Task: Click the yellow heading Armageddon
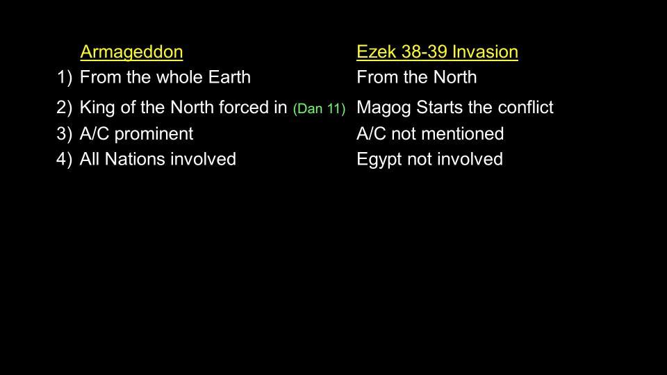(131, 52)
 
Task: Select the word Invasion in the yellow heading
(485, 52)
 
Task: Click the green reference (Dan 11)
(319, 109)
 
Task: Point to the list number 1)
(64, 77)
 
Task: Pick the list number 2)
(64, 107)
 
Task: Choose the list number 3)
(64, 133)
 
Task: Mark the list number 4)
(64, 159)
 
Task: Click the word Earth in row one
(229, 77)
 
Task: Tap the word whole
(179, 77)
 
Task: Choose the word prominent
(154, 134)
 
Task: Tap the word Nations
(135, 159)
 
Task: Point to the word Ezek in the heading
(377, 52)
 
